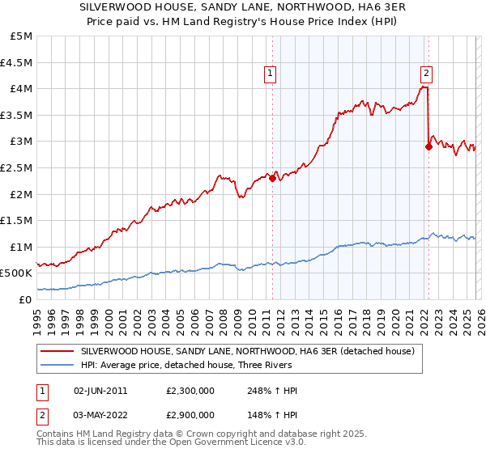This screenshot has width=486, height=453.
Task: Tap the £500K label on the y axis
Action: tap(17, 273)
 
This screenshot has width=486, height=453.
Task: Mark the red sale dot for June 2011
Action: tap(272, 178)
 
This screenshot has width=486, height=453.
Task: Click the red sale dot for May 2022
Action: tap(428, 146)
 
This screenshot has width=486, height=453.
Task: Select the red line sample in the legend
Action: tap(58, 351)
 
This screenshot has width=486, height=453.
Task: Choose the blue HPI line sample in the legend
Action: tap(58, 365)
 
